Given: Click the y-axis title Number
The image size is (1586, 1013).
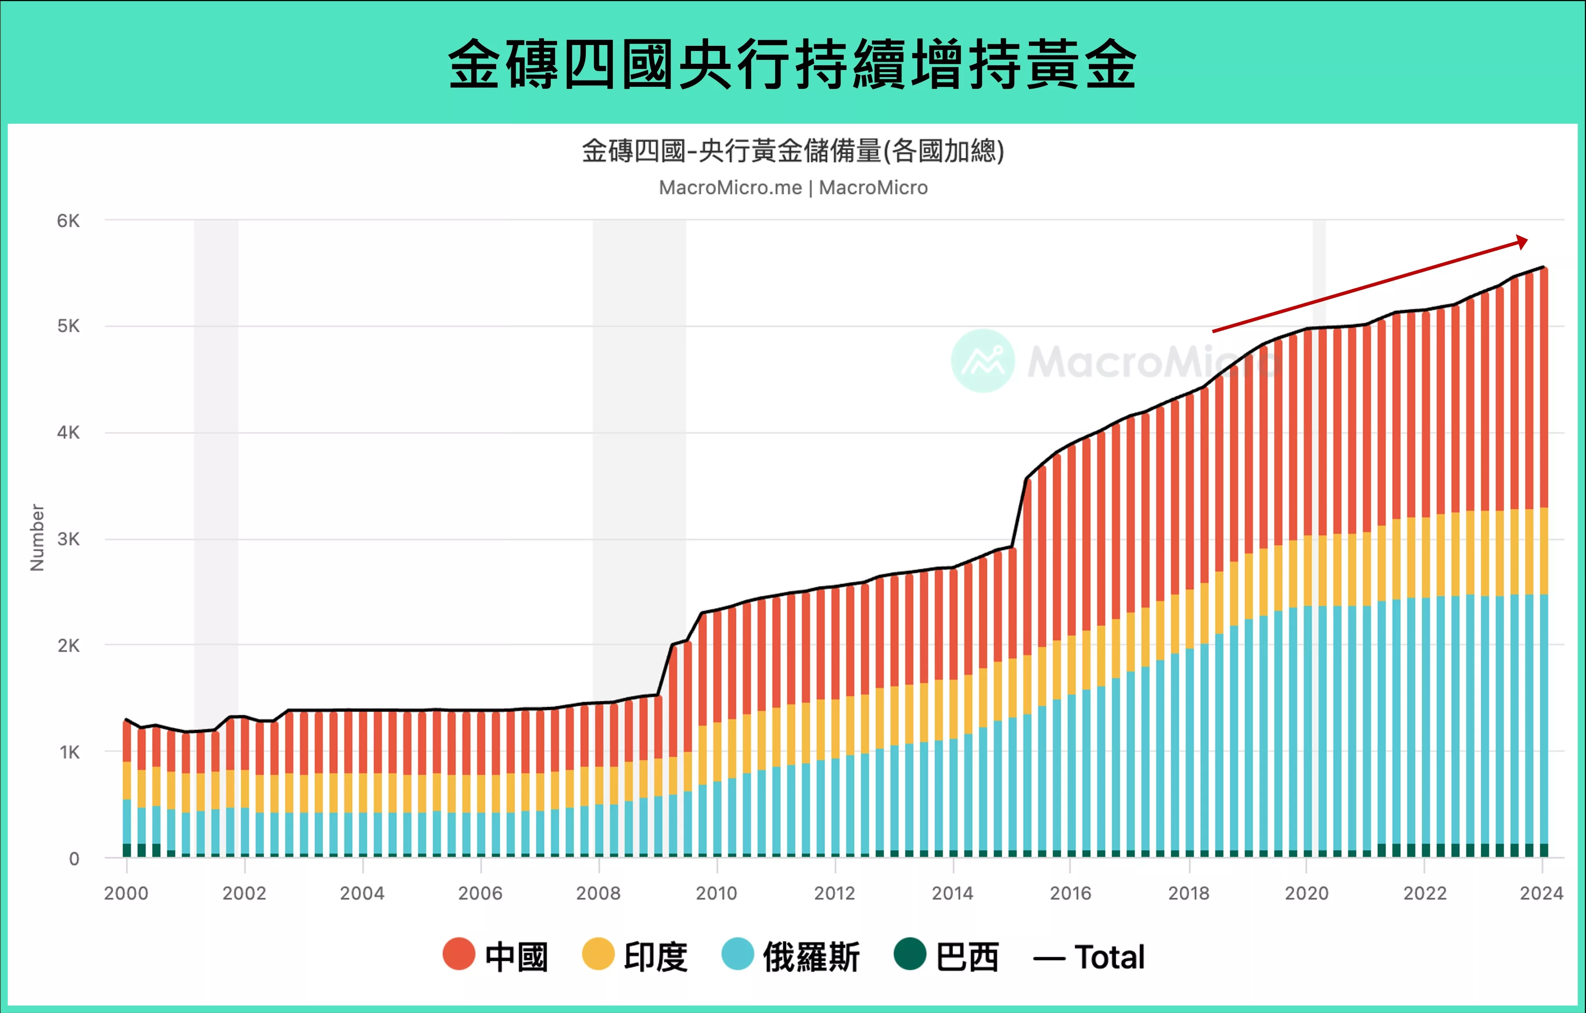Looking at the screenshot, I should pos(37,538).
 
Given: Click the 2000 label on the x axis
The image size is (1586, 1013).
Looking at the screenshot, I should pos(126,893).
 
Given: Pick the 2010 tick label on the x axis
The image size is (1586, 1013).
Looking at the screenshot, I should pos(716,893).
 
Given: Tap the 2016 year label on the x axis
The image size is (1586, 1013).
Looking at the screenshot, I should pos(1070,893).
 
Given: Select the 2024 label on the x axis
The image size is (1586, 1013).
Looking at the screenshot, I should pos(1541,893).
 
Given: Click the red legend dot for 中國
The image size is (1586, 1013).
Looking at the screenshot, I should pos(459,954).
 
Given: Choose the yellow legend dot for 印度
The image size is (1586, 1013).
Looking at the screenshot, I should pos(598,954).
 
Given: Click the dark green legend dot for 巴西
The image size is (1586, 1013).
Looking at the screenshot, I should pos(910,954).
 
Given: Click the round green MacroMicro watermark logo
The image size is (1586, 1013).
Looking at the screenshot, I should pos(983,361).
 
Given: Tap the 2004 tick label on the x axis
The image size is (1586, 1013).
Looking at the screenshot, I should pos(362,893).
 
